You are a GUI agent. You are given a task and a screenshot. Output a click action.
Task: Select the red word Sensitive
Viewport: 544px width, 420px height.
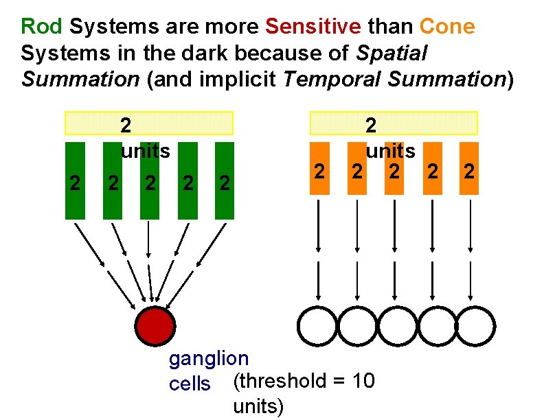click(313, 27)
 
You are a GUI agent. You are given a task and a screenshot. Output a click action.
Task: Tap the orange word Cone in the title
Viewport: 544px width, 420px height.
click(446, 27)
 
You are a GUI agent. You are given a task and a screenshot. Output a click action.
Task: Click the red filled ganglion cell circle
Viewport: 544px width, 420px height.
click(155, 325)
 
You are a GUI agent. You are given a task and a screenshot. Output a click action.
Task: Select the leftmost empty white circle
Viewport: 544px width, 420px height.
click(317, 326)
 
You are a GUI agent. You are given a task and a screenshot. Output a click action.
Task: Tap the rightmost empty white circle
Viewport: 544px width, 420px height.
click(475, 326)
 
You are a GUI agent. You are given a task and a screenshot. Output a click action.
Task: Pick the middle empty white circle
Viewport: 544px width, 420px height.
click(396, 326)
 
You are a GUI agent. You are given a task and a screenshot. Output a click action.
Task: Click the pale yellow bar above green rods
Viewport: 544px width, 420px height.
click(149, 123)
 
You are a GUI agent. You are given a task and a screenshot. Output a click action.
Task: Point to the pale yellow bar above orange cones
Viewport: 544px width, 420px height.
click(394, 123)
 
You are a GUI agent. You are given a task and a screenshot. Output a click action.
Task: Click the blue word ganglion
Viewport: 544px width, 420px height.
click(209, 358)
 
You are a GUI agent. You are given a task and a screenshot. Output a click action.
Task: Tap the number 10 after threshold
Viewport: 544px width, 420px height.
click(363, 381)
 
